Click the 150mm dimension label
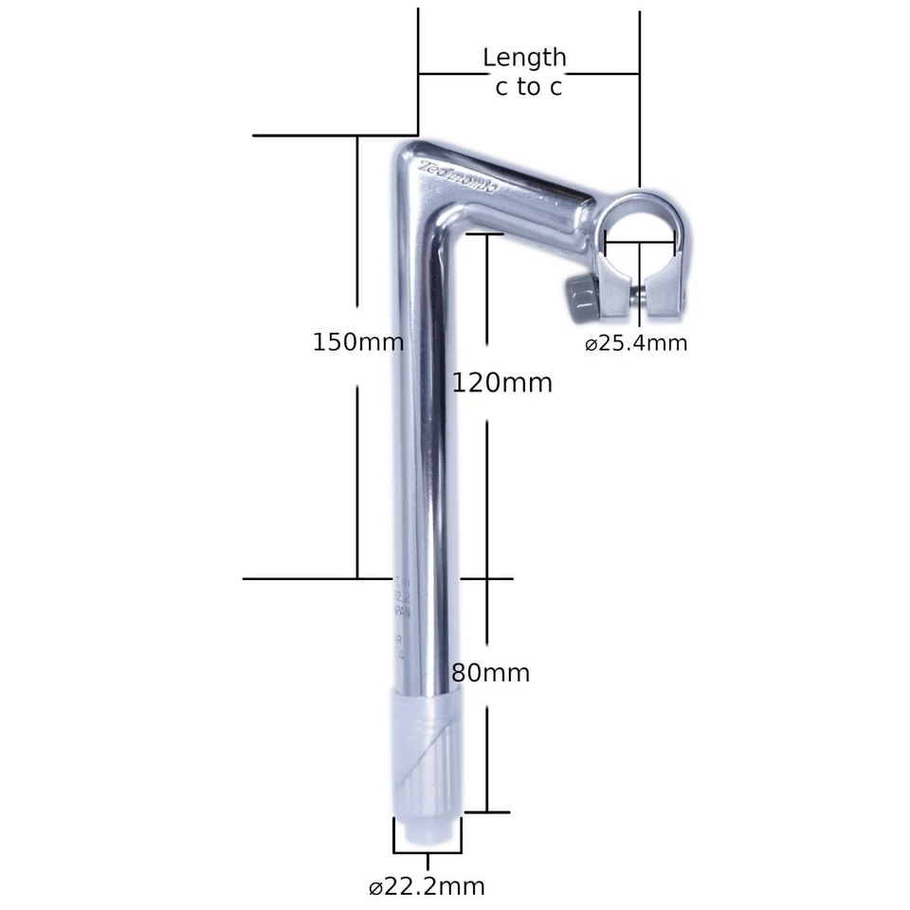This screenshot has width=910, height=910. pos(357,342)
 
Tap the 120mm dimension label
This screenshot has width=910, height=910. pos(501,383)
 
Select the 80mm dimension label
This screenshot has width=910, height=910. pos(490,674)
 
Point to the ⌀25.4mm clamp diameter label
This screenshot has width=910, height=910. pos(635,343)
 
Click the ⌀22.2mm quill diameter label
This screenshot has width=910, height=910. pos(427,887)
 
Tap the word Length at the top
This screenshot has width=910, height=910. pos(524,58)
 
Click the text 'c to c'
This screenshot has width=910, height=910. pos(528,87)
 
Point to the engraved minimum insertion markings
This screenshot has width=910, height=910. pos(402,616)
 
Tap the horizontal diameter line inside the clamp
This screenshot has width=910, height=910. pos(641,243)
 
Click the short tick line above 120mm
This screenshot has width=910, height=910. pos(484,232)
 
